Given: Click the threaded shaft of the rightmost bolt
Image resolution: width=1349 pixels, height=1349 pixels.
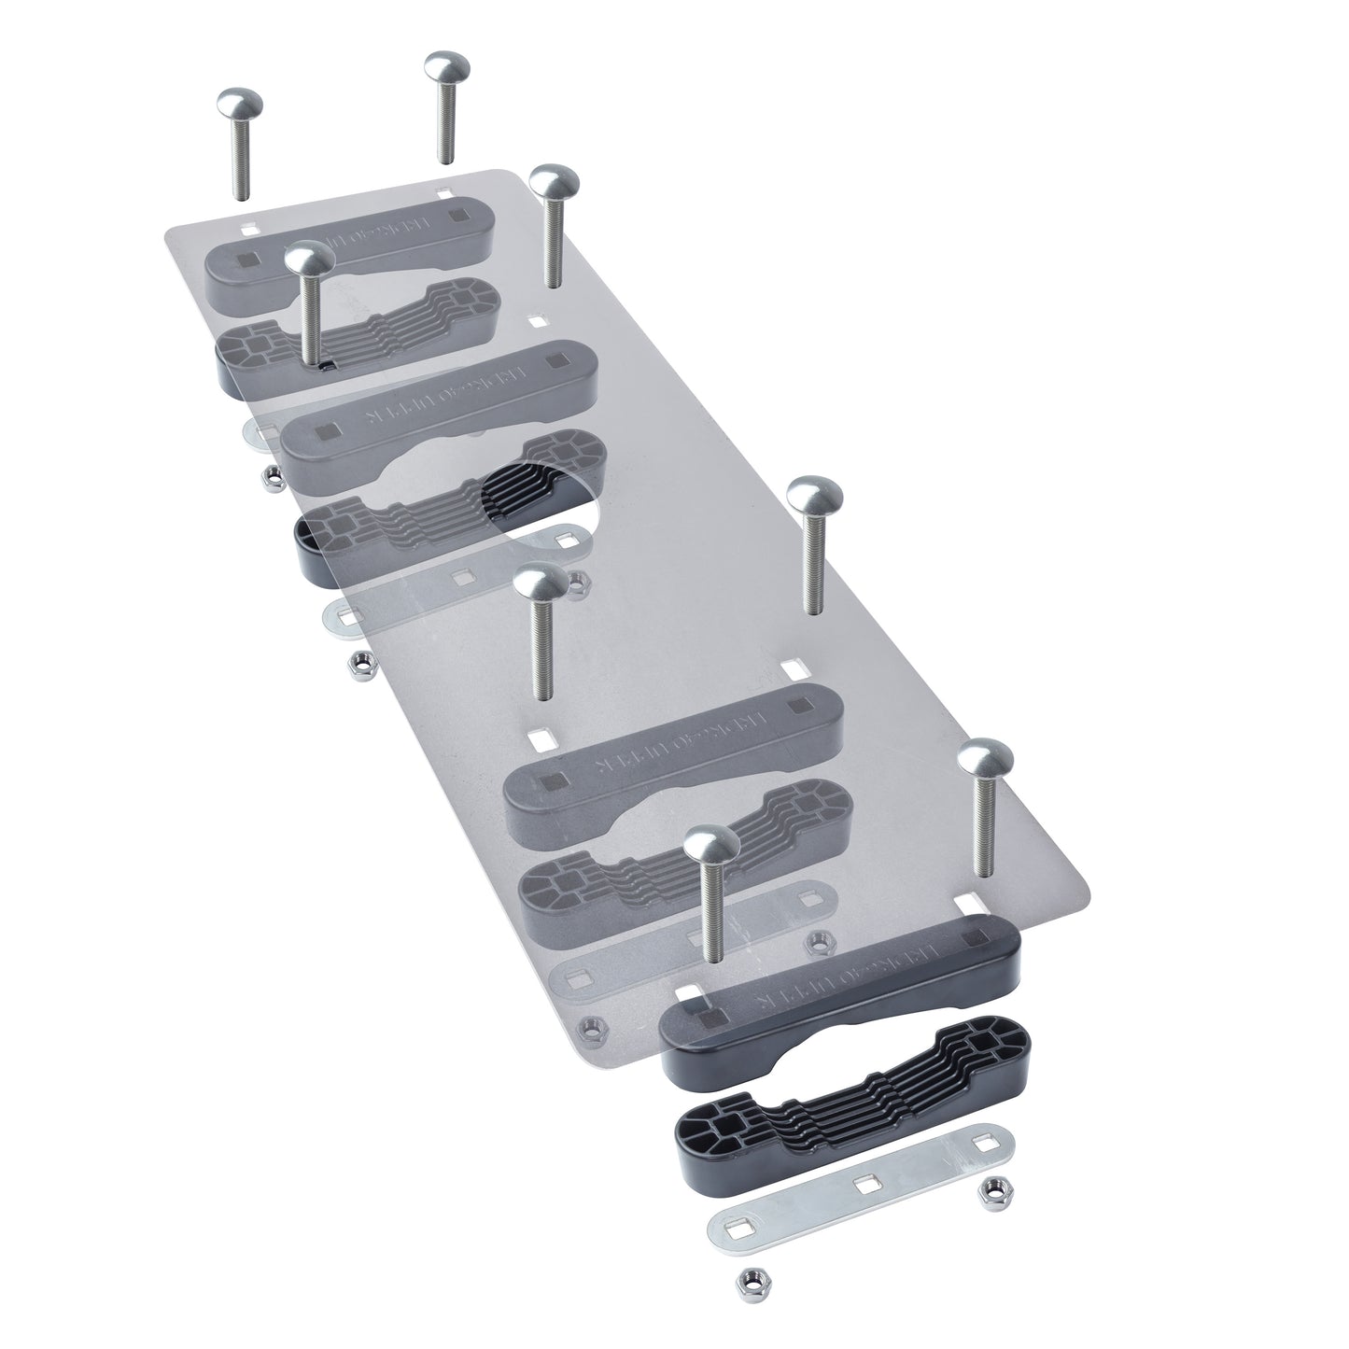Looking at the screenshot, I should tap(983, 831).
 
